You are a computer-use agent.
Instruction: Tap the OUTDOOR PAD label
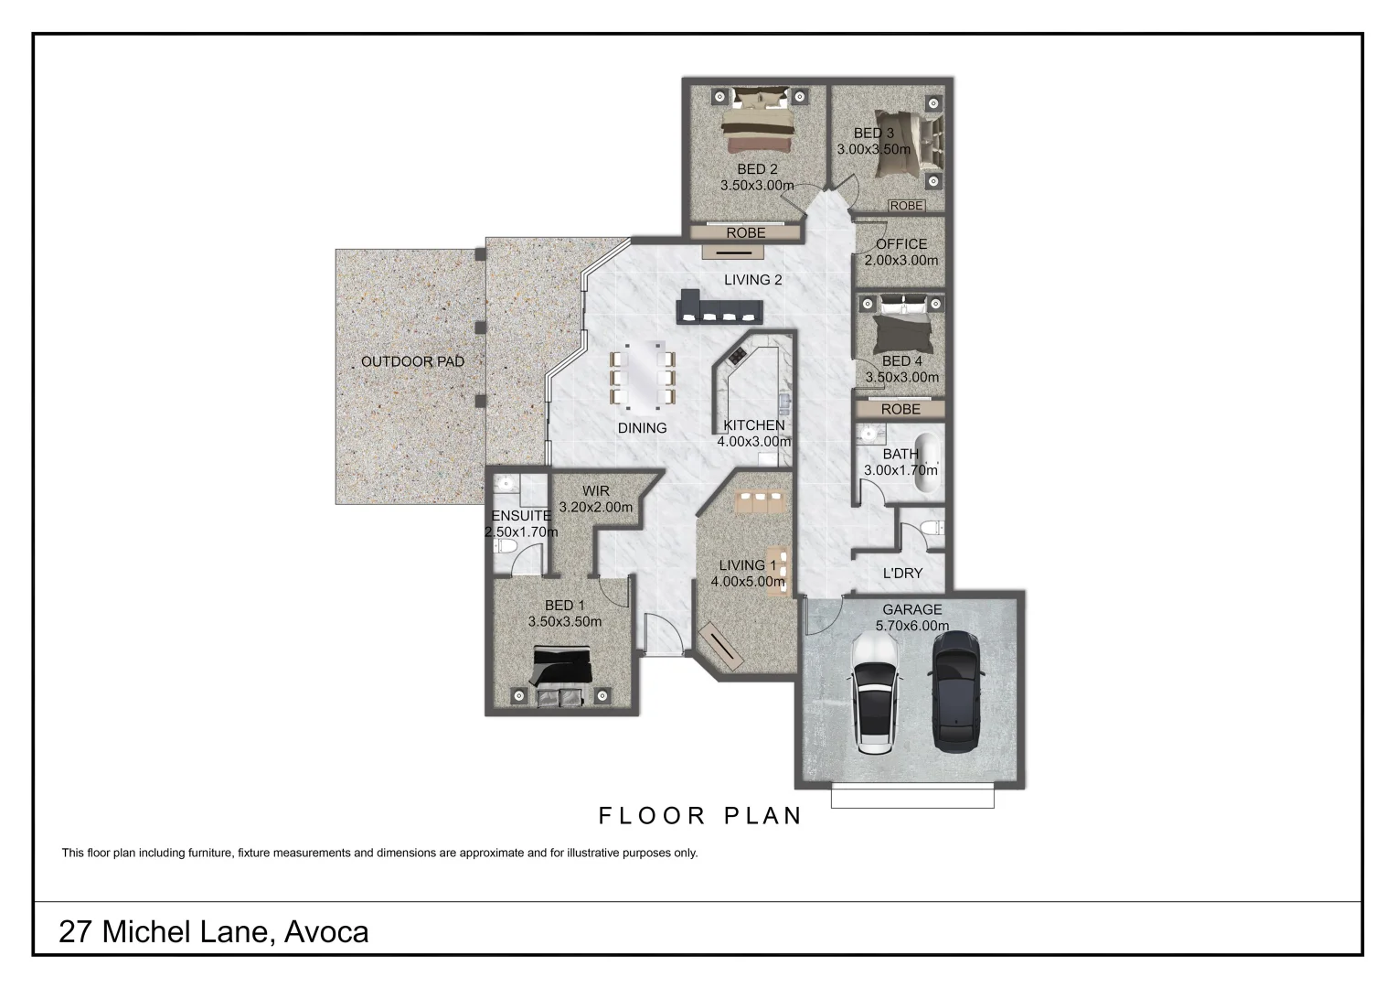tap(412, 361)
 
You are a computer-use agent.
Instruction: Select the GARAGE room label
tap(911, 610)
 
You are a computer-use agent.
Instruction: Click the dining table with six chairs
tap(642, 374)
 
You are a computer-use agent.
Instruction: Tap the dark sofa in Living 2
tap(718, 308)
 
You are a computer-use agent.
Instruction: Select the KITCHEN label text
tap(753, 425)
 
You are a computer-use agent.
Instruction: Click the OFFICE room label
tap(901, 244)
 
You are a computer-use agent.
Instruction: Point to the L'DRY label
tap(902, 574)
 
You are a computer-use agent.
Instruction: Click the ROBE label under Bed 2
tap(746, 233)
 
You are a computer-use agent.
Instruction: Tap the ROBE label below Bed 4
tap(900, 409)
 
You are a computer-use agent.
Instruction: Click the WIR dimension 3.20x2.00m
tap(595, 507)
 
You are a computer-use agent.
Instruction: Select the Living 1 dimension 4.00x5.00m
tap(748, 581)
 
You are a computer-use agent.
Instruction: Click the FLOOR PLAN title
tap(700, 815)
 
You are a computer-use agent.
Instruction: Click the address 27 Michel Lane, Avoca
tap(214, 931)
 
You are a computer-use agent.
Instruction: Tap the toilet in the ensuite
tap(505, 546)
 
